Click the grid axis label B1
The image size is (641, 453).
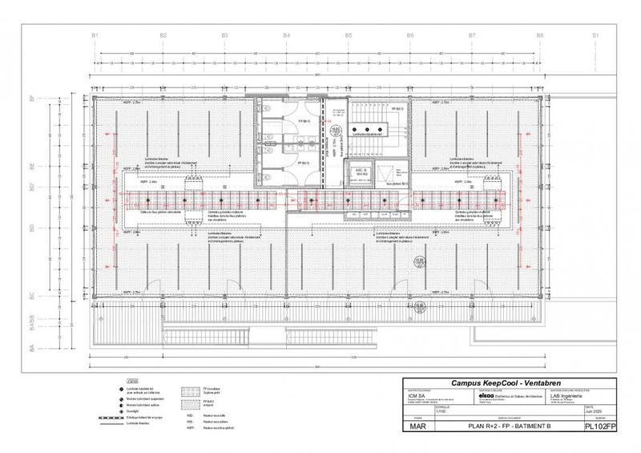[95, 35]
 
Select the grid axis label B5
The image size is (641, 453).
[349, 35]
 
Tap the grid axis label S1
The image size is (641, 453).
[595, 35]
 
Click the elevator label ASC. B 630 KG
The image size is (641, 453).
[360, 172]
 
